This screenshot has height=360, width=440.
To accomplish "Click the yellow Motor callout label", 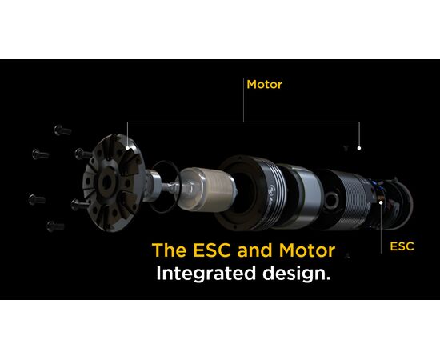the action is coord(264,85).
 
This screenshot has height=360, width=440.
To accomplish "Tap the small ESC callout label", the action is coord(402,246).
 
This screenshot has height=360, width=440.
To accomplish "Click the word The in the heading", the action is coord(169,250).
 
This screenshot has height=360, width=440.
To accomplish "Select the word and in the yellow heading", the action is coord(254,250).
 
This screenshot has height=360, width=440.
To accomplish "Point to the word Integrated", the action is coord(206,274).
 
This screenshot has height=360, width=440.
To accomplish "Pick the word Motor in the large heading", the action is coord(307,250).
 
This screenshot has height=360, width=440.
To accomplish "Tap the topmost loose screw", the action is coord(62,130).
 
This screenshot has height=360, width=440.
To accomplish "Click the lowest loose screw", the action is coord(55,226).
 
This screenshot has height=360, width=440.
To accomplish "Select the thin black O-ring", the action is coord(164,186).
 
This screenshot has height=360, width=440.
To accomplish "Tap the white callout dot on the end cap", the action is coord(128,147).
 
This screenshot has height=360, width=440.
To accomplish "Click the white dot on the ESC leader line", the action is coord(381,202).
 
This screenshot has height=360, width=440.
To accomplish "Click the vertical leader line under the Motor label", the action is coord(243,100).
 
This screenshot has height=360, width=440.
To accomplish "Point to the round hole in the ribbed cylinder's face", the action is coord(331,200).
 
